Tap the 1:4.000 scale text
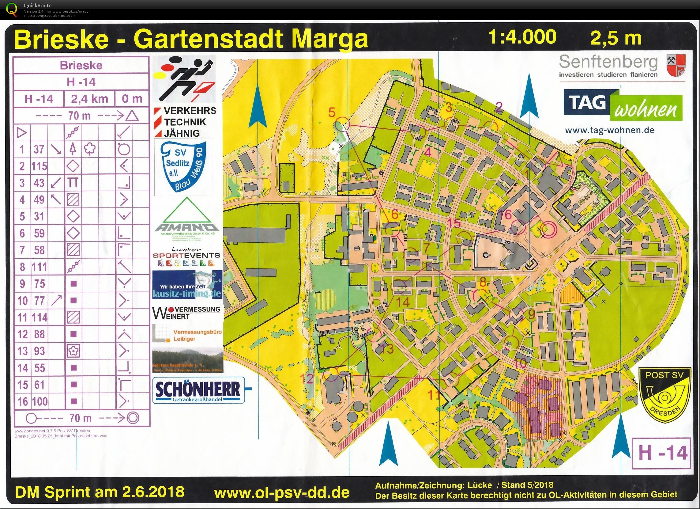point(522,37)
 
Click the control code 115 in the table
point(39,166)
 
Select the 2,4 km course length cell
point(89,99)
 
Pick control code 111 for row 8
point(39,267)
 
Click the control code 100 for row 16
point(39,401)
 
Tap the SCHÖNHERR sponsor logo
point(198,390)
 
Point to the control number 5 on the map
point(332,112)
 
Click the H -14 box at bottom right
point(663,454)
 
